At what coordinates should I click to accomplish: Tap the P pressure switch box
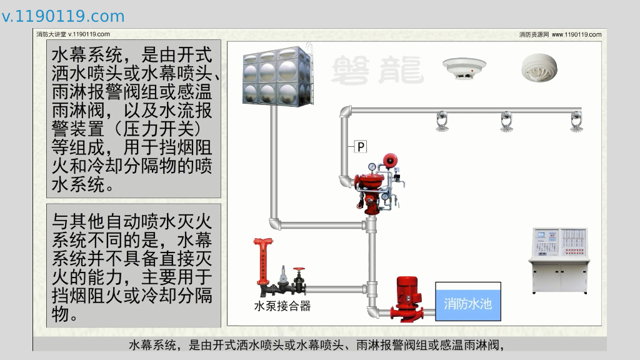(x=361, y=147)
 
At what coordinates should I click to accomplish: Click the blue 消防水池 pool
(x=467, y=304)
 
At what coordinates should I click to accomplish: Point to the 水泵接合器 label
(x=282, y=306)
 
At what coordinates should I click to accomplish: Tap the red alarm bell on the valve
(x=391, y=161)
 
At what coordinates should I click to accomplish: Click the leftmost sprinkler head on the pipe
(x=443, y=121)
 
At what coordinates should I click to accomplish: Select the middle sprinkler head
(x=507, y=121)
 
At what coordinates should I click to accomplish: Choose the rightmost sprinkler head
(x=576, y=121)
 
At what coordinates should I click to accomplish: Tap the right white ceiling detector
(x=539, y=67)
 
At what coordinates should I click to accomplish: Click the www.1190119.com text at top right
(x=576, y=35)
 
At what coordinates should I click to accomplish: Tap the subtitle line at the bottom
(x=316, y=344)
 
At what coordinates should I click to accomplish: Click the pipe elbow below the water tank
(x=275, y=222)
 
